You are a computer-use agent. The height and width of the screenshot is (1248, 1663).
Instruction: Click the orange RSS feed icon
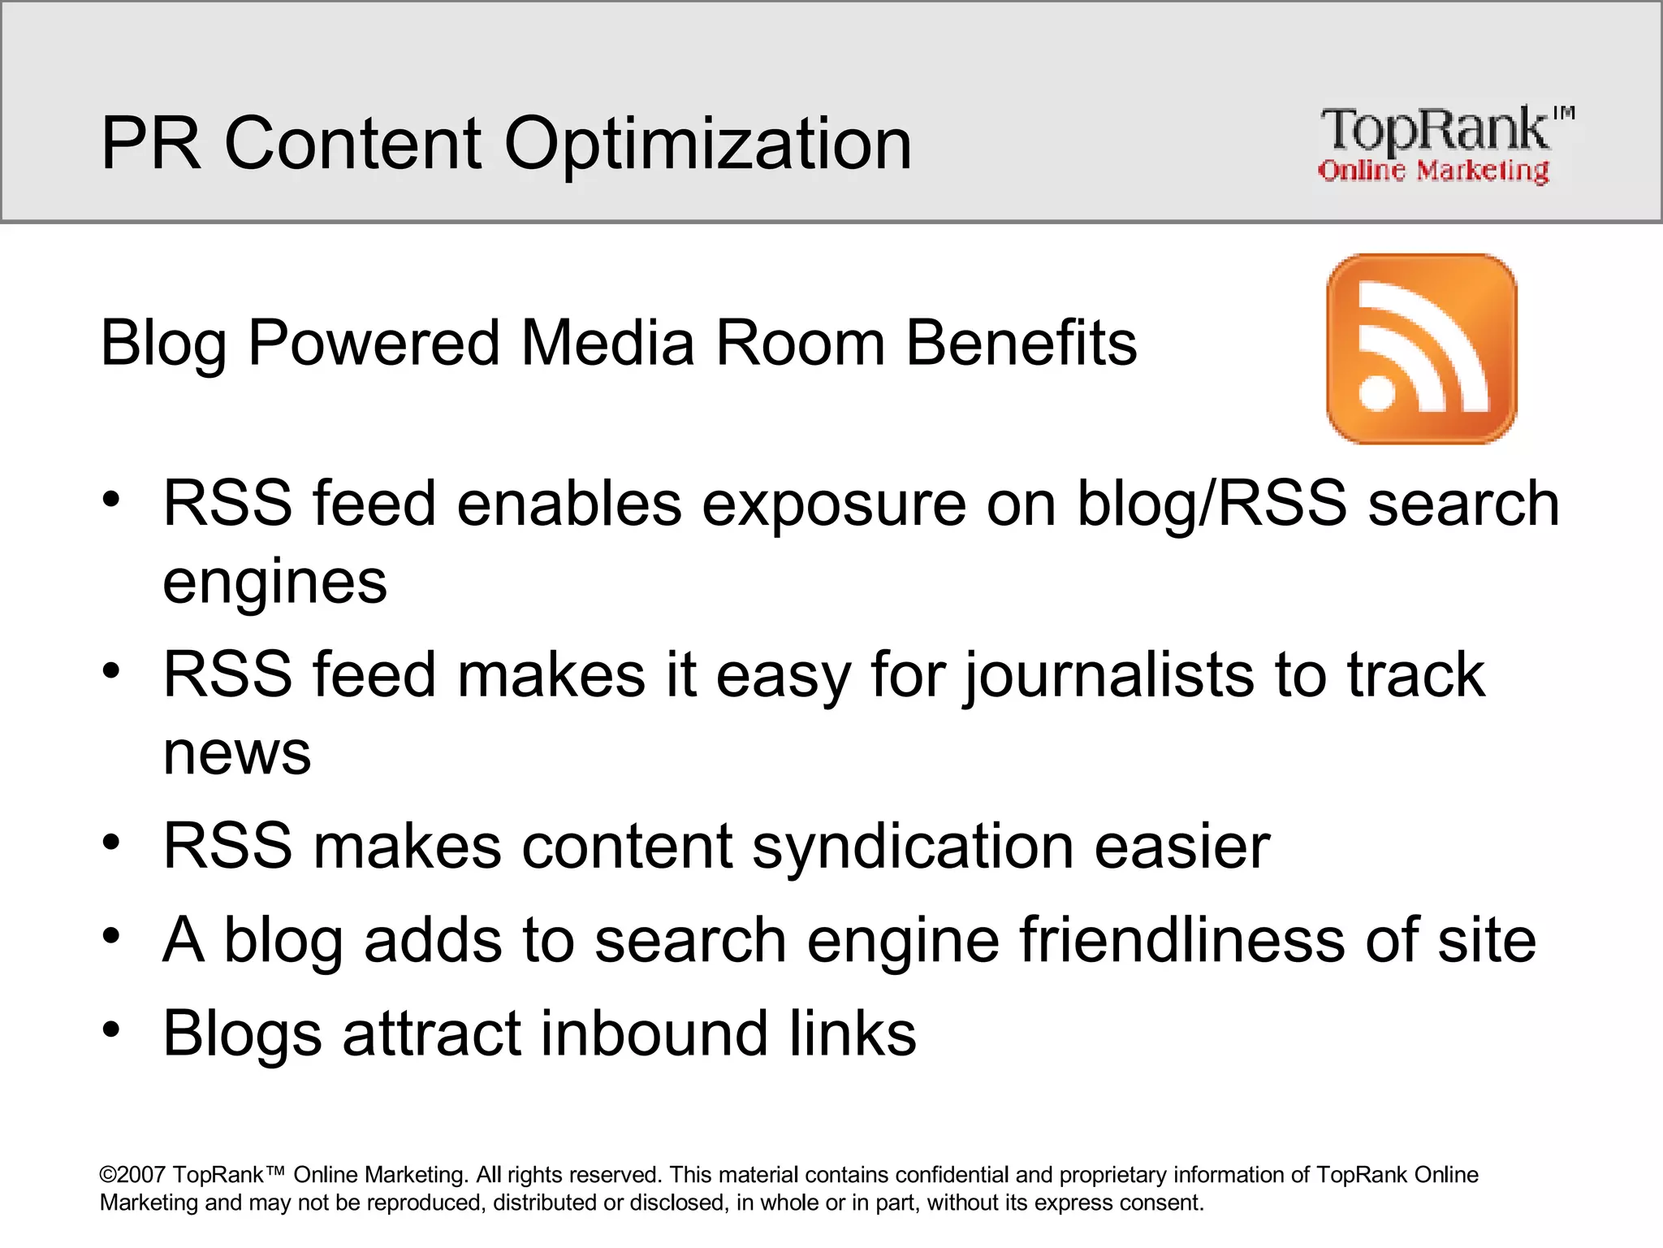[1421, 349]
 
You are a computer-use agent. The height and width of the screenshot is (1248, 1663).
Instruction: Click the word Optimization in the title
[707, 145]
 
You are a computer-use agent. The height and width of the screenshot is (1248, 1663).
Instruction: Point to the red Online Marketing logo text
[1433, 171]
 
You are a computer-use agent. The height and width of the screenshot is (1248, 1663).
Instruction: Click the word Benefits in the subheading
[1021, 343]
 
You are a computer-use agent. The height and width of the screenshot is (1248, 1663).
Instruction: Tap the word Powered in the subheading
[374, 343]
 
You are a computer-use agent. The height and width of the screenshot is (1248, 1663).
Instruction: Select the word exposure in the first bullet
[834, 504]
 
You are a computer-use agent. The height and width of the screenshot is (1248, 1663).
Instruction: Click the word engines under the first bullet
[274, 582]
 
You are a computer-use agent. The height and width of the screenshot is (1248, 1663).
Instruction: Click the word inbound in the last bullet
[654, 1033]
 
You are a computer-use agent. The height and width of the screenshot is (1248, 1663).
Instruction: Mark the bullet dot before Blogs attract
[111, 1030]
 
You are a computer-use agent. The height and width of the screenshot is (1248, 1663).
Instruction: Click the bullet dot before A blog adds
[111, 937]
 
